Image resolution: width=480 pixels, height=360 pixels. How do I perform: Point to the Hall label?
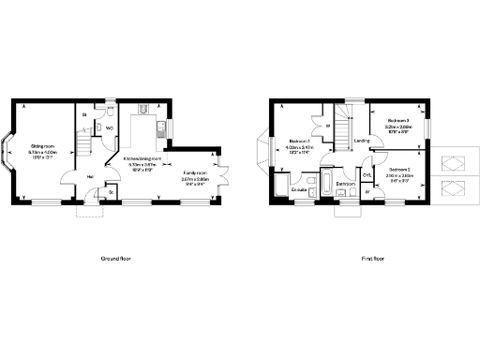pyautogui.click(x=91, y=175)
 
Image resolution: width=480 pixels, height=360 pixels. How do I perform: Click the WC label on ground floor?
pyautogui.click(x=110, y=127)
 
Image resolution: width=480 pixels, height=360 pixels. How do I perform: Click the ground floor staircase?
pyautogui.click(x=83, y=142)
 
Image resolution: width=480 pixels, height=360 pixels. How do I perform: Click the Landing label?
pyautogui.click(x=360, y=142)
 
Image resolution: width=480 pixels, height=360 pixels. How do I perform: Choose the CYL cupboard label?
pyautogui.click(x=367, y=174)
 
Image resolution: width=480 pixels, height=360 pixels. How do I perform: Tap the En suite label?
pyautogui.click(x=300, y=189)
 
